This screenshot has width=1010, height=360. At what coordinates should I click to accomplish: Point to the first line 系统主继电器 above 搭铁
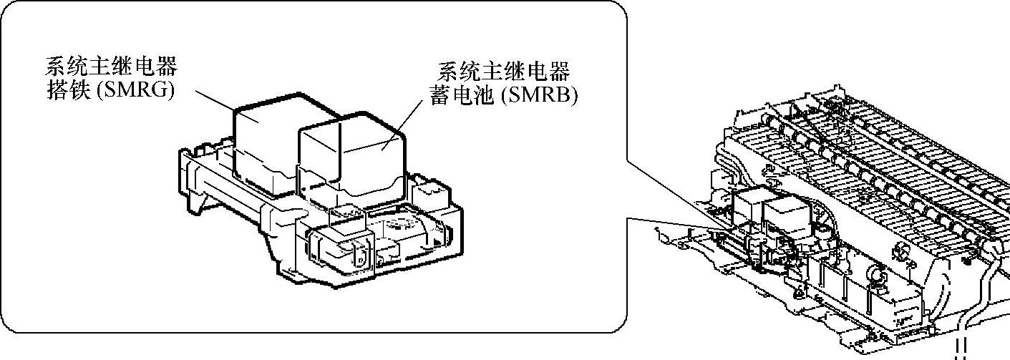tap(111, 68)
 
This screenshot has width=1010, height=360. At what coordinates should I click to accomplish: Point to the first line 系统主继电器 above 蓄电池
tap(503, 71)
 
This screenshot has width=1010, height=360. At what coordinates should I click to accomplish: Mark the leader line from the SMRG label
tap(215, 100)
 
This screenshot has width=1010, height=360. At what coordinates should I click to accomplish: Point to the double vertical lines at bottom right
tap(961, 346)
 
